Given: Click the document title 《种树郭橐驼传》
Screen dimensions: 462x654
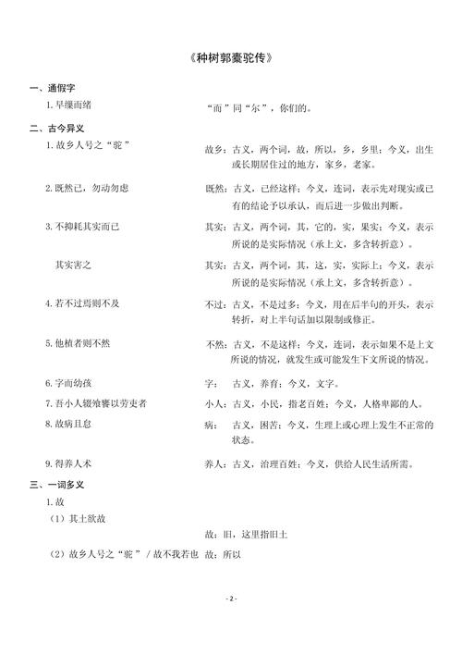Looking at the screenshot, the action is click(x=231, y=57).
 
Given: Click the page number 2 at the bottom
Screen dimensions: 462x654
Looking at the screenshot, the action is click(x=231, y=598).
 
